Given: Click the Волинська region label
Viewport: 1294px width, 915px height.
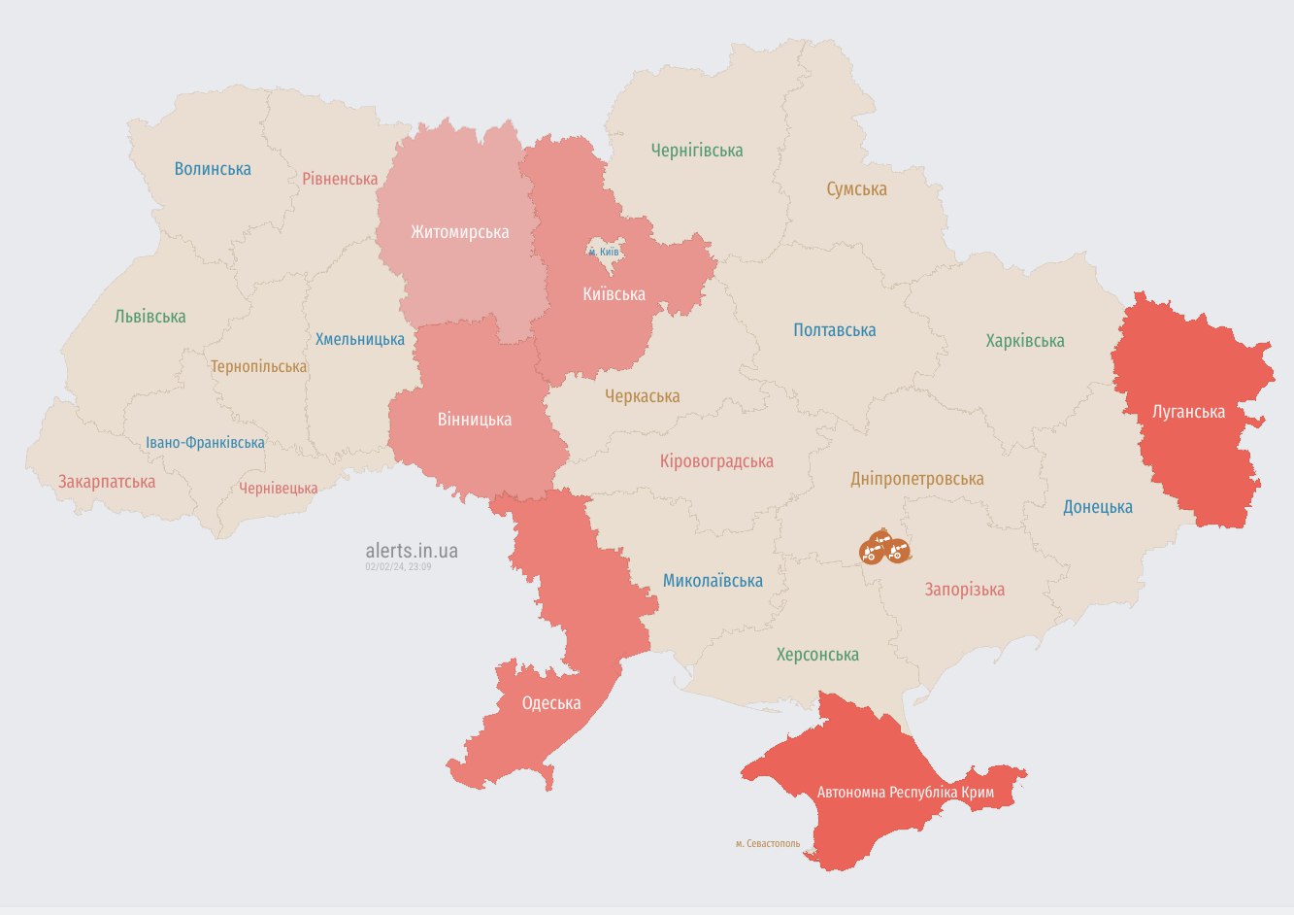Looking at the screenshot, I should (x=213, y=169).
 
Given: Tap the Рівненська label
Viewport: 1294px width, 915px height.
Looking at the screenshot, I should (x=340, y=179).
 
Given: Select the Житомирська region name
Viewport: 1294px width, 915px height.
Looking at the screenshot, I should (x=459, y=232).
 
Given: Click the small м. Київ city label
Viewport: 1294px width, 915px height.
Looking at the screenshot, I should (x=604, y=252).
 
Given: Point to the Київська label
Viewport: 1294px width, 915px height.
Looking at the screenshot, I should (x=614, y=294).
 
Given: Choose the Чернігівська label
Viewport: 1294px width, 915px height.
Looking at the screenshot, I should (x=697, y=151).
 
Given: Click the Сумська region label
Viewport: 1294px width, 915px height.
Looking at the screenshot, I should (x=856, y=189).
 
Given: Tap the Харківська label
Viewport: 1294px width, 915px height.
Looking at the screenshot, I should (x=1025, y=341).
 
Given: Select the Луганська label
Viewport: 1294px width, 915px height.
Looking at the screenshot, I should (x=1188, y=412).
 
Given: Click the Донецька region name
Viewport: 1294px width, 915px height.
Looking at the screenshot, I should (x=1097, y=507).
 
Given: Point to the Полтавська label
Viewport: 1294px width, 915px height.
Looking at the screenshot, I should (x=834, y=330).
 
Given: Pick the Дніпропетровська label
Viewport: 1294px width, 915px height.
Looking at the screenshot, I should (x=916, y=479).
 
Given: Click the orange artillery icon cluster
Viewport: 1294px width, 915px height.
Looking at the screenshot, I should (x=884, y=549).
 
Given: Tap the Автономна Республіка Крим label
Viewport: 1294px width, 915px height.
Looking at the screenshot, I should (x=905, y=793).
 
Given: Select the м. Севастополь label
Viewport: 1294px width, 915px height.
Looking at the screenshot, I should (x=768, y=843).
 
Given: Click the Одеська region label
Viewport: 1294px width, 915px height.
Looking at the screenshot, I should (x=551, y=703).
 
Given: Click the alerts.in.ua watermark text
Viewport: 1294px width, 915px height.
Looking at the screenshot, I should (x=412, y=551).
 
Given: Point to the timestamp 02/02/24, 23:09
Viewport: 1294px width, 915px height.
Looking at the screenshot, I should (x=398, y=566).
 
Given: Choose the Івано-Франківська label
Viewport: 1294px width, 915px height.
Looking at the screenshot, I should (x=205, y=443).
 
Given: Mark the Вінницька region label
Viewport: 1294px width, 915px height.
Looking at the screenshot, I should (x=474, y=420).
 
